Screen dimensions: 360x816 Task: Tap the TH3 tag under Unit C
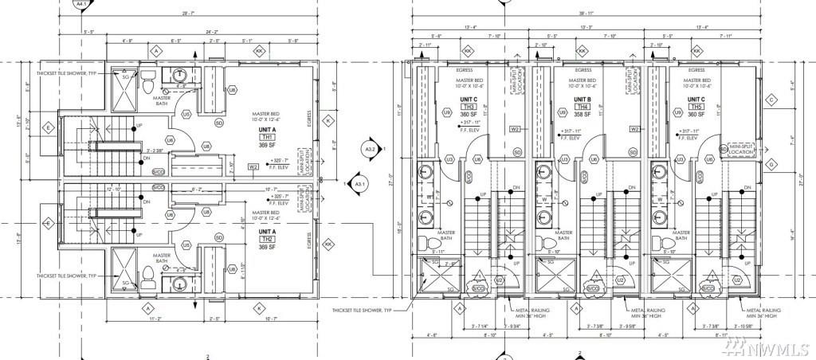469,106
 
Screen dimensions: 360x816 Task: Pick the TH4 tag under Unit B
583,106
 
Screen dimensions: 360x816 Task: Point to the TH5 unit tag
697,106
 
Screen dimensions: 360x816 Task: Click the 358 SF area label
583,115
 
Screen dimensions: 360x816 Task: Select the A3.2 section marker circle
371,148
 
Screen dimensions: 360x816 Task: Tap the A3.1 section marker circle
360,184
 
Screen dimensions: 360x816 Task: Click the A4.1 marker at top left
80,4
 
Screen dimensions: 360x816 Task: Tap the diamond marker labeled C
771,100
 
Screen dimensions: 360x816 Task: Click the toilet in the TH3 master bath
426,240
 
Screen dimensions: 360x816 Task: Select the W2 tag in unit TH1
253,167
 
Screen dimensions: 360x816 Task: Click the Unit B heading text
583,98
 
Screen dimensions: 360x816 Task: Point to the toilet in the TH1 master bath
147,80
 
